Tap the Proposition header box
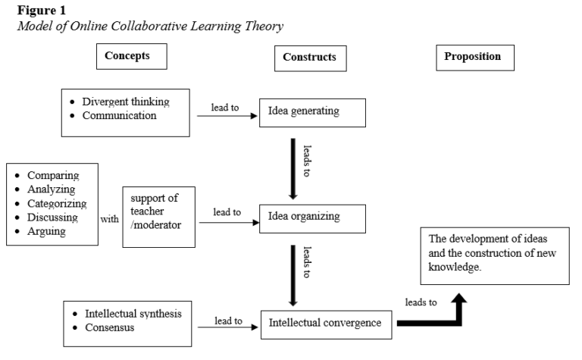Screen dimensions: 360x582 coord(472,56)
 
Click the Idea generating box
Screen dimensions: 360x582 coord(313,111)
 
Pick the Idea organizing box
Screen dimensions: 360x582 coord(313,217)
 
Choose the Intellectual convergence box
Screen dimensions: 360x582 coord(326,324)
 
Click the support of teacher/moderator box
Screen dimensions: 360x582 coord(158,216)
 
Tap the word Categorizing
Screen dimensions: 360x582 coord(57,203)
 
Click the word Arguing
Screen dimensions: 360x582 coord(48,231)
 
